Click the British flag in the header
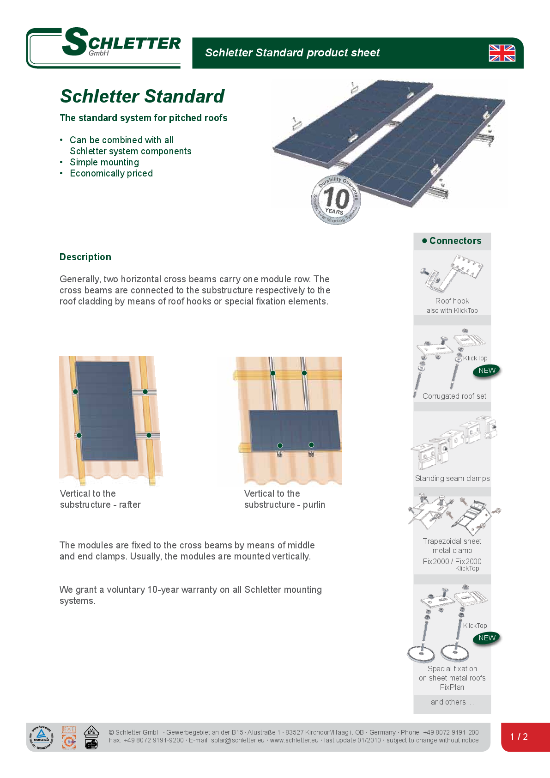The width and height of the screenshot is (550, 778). [502, 53]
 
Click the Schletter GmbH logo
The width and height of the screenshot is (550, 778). [104, 47]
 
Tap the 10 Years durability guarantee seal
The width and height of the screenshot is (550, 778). [336, 200]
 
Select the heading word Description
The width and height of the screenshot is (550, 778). [85, 257]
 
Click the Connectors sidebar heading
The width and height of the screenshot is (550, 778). [452, 241]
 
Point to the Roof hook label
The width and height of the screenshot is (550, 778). [452, 301]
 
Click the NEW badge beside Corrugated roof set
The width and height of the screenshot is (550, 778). [487, 371]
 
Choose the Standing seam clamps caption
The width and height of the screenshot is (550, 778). [452, 478]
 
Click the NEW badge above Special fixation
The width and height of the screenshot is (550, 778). [487, 638]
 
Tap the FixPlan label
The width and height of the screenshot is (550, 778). [452, 687]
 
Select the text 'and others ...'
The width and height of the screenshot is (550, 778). [452, 702]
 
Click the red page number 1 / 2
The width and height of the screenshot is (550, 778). [519, 737]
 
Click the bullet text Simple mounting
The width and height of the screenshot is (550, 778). [104, 162]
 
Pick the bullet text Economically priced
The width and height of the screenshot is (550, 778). [111, 173]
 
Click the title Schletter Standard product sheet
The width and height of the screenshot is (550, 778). [292, 53]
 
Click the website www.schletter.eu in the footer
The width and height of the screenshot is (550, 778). [294, 740]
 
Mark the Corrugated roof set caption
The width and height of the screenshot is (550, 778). [454, 396]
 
